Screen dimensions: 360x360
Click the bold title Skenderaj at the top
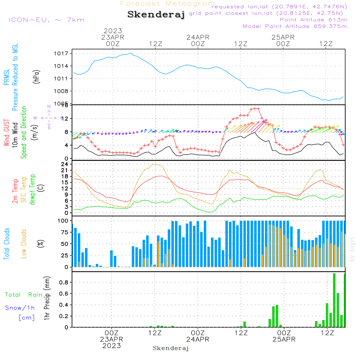pyautogui.click(x=156, y=15)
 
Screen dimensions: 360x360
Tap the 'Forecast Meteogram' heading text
pyautogui.click(x=168, y=4)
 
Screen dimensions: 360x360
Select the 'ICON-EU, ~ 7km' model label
pyautogui.click(x=46, y=20)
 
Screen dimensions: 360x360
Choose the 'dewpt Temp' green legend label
pyautogui.click(x=33, y=190)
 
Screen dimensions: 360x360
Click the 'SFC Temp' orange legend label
pyautogui.click(x=24, y=190)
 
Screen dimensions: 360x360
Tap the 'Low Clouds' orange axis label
pyautogui.click(x=24, y=244)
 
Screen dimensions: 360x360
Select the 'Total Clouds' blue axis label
pyautogui.click(x=7, y=244)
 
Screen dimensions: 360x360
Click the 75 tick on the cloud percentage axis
pyautogui.click(x=63, y=233)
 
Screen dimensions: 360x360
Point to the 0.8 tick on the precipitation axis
pyautogui.click(x=64, y=283)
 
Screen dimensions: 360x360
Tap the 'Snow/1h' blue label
pyautogui.click(x=20, y=308)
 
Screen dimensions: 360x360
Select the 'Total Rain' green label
pyautogui.click(x=23, y=295)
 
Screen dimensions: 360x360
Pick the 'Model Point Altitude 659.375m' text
pyautogui.click(x=295, y=26)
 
